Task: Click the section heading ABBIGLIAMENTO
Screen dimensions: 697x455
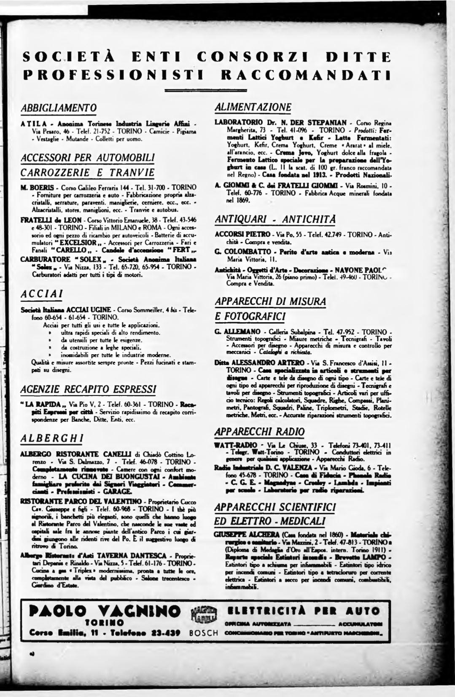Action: pyautogui.click(x=59, y=108)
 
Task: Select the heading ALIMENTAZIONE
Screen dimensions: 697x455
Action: pyautogui.click(x=253, y=107)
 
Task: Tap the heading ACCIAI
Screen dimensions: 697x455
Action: pyautogui.click(x=42, y=293)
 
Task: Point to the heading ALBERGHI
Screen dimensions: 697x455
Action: pyautogui.click(x=52, y=438)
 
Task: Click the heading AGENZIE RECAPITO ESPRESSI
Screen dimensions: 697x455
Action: pyautogui.click(x=88, y=388)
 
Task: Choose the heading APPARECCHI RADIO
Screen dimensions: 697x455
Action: pyautogui.click(x=259, y=431)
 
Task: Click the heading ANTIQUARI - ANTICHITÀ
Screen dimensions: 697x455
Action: pyautogui.click(x=275, y=219)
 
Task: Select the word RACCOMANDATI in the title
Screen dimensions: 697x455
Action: pyautogui.click(x=305, y=75)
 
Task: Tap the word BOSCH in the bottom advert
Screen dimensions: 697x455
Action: pyautogui.click(x=204, y=633)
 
